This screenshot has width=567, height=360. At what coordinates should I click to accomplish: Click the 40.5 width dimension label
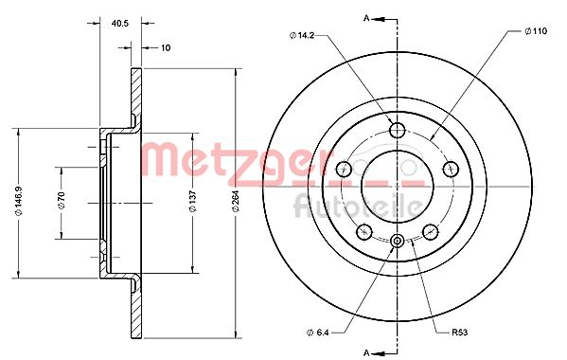120,24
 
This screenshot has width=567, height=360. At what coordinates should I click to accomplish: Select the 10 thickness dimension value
166,47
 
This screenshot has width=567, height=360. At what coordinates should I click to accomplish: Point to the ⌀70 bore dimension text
62,201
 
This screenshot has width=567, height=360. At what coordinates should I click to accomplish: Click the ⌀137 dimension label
193,201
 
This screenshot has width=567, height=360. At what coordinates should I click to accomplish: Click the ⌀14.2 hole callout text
302,35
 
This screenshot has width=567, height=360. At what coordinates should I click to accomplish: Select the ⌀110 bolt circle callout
536,31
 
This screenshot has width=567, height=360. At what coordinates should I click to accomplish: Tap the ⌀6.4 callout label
317,333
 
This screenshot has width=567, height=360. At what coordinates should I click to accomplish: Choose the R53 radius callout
459,333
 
